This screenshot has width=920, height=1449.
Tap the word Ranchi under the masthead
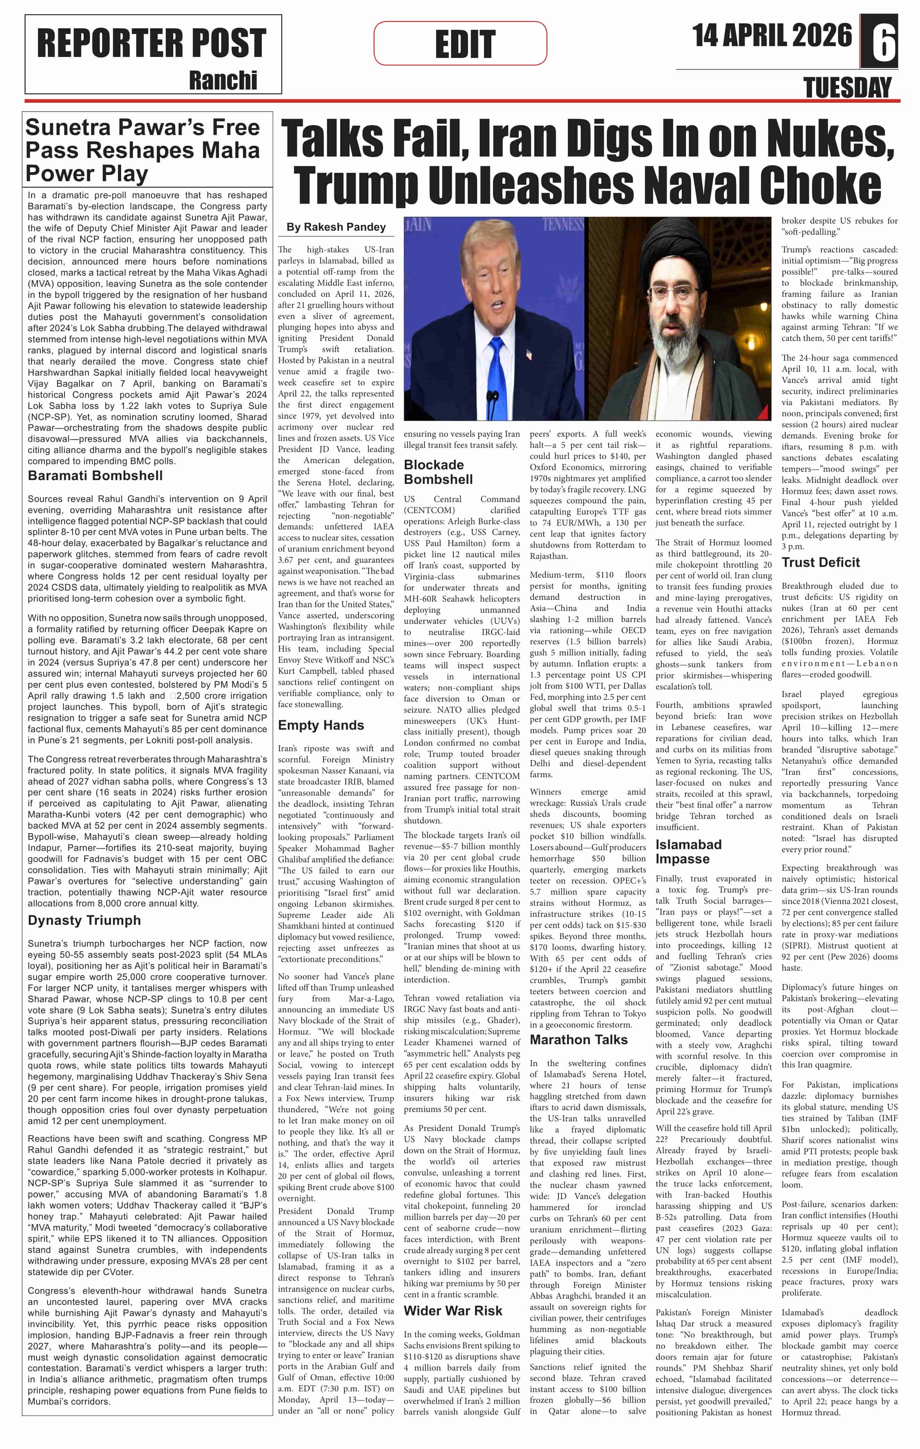click(x=223, y=80)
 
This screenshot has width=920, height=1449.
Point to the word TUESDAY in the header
click(x=847, y=88)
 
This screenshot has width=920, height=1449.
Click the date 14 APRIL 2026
click(x=772, y=35)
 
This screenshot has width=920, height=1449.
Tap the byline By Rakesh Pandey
click(x=336, y=227)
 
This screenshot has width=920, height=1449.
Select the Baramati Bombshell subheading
click(x=95, y=475)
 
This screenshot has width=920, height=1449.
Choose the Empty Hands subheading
click(x=321, y=725)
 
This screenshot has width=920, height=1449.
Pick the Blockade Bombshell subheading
click(x=438, y=472)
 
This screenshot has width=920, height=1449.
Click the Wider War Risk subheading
click(x=452, y=1310)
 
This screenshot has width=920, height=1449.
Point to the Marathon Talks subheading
click(x=578, y=1039)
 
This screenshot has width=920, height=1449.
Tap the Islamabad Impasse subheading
click(x=688, y=852)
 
